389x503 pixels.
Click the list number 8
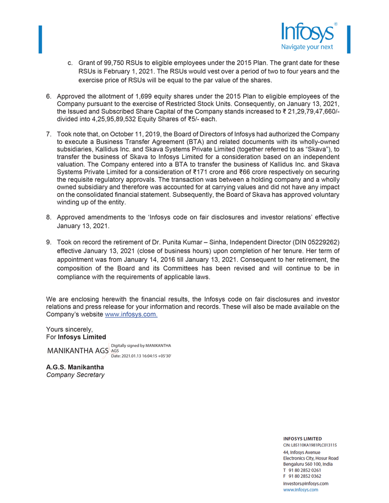[49, 217]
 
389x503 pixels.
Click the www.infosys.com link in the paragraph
[131, 314]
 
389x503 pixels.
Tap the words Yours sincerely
[69, 330]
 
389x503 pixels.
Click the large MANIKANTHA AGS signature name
[77, 351]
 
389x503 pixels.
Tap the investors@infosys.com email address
[305, 484]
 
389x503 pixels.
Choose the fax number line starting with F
[302, 476]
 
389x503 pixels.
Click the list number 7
[49, 134]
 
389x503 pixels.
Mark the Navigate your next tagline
[307, 47]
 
